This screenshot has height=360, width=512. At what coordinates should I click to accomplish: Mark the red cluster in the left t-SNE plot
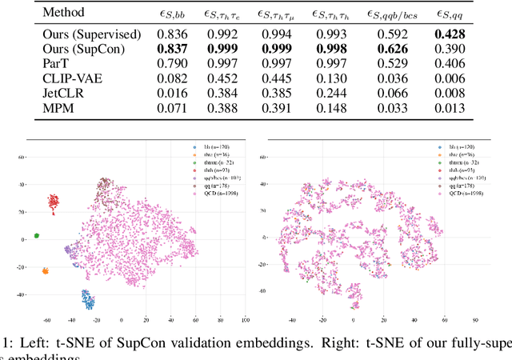pyautogui.click(x=54, y=202)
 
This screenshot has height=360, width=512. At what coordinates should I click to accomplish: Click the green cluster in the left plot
pyautogui.click(x=37, y=236)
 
